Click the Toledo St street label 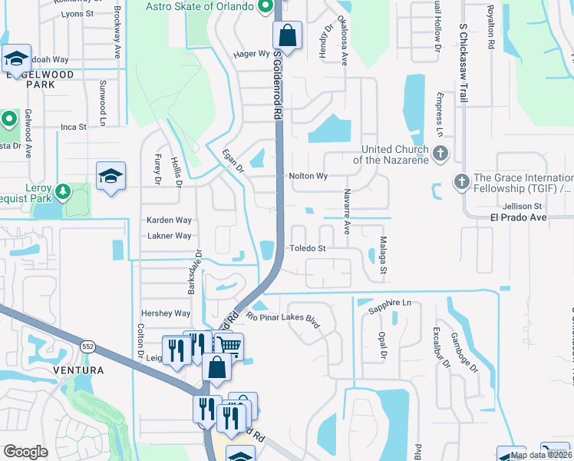click(x=308, y=248)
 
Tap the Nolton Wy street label click(x=308, y=176)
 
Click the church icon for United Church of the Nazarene click(x=440, y=153)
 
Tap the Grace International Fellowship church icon click(x=461, y=182)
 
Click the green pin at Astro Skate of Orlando click(x=266, y=7)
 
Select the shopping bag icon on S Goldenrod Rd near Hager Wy click(x=288, y=35)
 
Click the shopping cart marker click(x=228, y=346)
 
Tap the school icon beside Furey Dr click(x=111, y=176)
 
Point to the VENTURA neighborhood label click(x=78, y=370)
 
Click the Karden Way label click(x=169, y=220)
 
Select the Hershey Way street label click(x=165, y=313)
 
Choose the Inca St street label click(x=74, y=127)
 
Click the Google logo click(x=25, y=452)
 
